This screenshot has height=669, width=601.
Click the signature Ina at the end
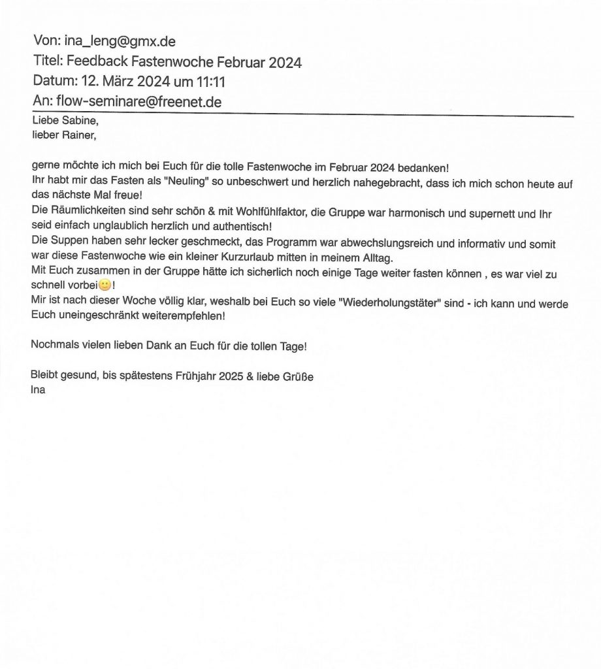tap(38, 391)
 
